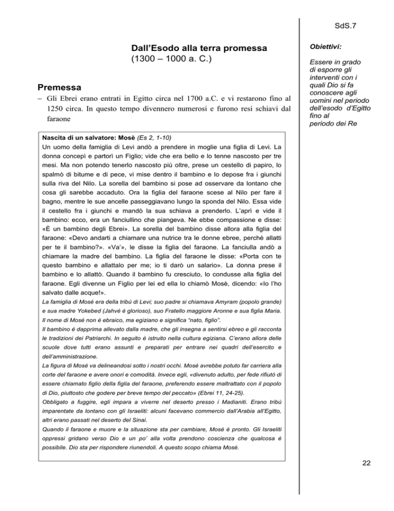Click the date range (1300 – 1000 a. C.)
click(174, 61)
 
